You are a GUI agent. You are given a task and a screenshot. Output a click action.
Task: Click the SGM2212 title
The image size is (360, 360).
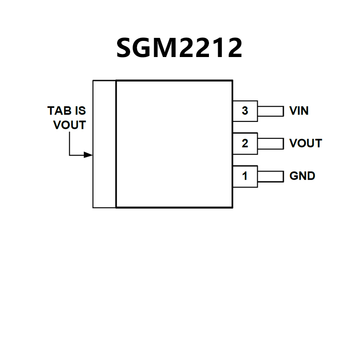point(179,48)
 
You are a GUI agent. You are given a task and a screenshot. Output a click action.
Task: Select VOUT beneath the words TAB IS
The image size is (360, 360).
point(70,125)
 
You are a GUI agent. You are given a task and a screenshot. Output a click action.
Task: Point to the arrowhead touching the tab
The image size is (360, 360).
point(89,155)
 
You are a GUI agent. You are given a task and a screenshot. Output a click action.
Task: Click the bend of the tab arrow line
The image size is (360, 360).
point(70,155)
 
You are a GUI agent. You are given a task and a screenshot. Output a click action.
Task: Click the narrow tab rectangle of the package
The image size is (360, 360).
point(104,144)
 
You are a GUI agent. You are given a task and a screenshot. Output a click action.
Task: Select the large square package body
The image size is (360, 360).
point(174,144)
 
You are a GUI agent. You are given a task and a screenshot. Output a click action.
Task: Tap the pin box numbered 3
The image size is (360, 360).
point(245,111)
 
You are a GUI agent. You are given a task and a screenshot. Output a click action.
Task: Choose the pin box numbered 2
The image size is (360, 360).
point(245,144)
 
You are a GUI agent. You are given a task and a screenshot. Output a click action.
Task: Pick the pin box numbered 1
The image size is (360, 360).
point(245,176)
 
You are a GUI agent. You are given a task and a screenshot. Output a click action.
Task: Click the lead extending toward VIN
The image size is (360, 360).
point(270,111)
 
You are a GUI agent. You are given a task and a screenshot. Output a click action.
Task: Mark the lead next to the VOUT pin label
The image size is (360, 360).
point(270,144)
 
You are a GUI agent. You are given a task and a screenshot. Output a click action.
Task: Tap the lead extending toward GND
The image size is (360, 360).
point(270,176)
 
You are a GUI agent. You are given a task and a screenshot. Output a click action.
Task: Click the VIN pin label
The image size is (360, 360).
point(299,111)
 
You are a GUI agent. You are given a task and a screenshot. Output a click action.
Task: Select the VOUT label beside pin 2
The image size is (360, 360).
point(306,144)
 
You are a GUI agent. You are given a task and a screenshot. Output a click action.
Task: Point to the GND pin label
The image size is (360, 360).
point(302,176)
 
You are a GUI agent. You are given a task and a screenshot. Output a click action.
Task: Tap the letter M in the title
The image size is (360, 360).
point(166,48)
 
